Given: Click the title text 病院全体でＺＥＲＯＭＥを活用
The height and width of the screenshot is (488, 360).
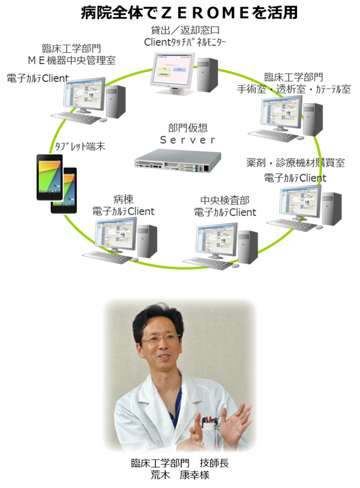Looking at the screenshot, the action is (189, 13).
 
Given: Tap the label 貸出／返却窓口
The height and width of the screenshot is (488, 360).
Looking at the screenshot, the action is (185, 30).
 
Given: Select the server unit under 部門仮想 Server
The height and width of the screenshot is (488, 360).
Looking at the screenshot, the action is (178, 161).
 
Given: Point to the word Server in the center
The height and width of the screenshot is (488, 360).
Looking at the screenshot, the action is (188, 140).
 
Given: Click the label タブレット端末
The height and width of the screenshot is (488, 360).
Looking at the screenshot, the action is (80, 146).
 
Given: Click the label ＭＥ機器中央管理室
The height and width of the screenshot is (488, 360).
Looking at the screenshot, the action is (72, 60).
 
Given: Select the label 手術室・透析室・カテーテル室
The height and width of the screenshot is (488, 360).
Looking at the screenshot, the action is (294, 89).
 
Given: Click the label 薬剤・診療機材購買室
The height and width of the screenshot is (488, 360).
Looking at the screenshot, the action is (296, 163).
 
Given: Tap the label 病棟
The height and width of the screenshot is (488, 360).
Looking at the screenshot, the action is (123, 199).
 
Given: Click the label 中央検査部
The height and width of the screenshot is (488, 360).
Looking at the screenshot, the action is (225, 200).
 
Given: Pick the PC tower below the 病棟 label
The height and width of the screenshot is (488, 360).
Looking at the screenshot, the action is (148, 241).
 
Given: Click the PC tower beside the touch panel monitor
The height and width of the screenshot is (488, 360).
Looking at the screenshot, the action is (208, 75).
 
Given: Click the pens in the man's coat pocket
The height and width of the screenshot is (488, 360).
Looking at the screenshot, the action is (209, 419).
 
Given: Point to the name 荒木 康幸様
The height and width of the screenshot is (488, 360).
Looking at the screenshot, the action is (180, 475).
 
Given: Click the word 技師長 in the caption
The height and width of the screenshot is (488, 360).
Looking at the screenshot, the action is (214, 463).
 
